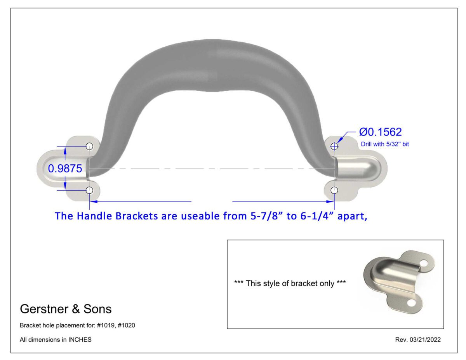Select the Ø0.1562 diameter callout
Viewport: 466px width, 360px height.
[x=380, y=132]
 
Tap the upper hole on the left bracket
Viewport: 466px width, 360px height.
[x=89, y=146]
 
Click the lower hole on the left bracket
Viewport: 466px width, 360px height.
[x=89, y=190]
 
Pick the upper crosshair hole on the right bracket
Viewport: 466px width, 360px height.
[x=334, y=146]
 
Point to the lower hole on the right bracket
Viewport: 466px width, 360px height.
[x=334, y=190]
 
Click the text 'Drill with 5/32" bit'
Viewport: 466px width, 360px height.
[x=385, y=144]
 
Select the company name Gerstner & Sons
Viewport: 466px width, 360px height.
[x=66, y=309]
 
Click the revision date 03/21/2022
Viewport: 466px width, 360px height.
[x=426, y=340]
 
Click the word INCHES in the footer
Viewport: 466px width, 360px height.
[x=80, y=340]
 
